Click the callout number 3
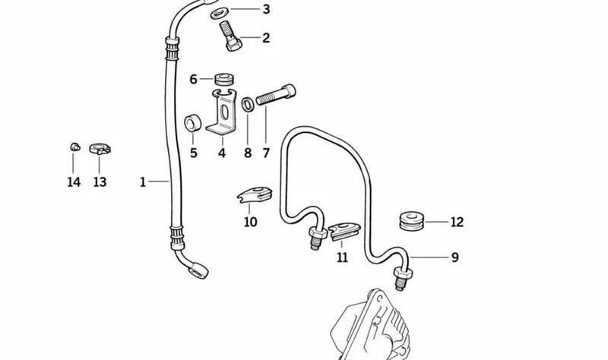266,9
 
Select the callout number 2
266,38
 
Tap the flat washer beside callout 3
220,13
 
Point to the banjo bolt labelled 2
232,36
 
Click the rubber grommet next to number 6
224,78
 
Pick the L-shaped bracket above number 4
222,112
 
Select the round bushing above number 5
193,123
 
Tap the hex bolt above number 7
276,96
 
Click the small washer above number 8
248,105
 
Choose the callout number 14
74,182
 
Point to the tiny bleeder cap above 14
74,147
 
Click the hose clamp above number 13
100,148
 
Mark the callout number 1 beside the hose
143,182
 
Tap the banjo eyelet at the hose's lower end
198,270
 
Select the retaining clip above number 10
255,194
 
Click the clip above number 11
344,231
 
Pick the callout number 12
457,222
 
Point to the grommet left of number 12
412,222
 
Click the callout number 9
454,257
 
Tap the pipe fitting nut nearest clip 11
317,234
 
